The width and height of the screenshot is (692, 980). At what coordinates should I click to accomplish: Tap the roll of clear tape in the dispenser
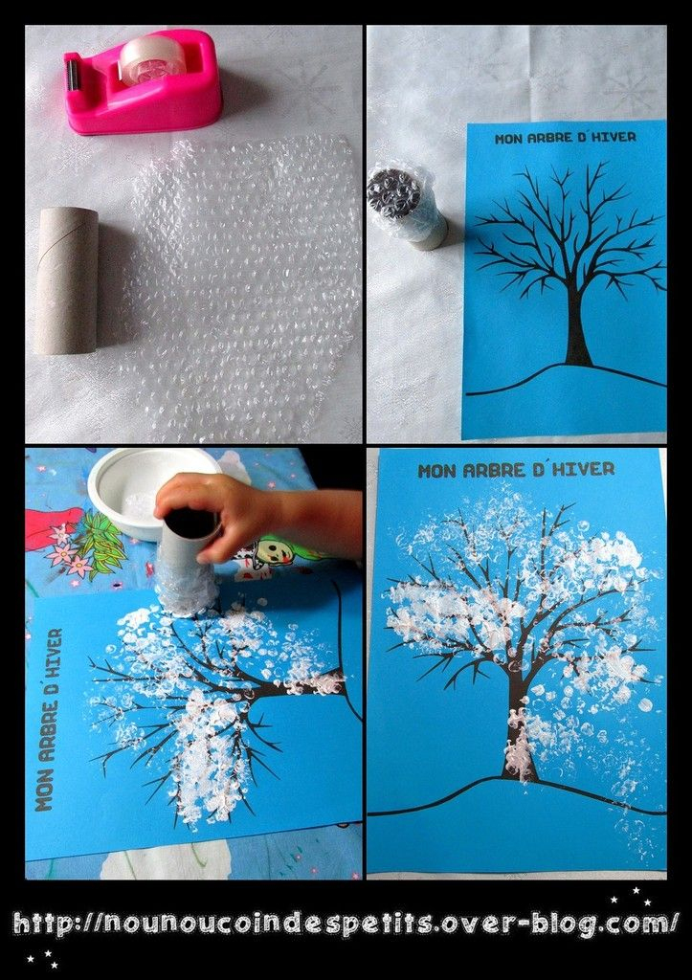[x=153, y=58]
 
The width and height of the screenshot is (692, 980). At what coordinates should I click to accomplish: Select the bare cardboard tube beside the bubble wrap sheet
[x=67, y=280]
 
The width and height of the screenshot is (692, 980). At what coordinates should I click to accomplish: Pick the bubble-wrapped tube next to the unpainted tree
[x=407, y=207]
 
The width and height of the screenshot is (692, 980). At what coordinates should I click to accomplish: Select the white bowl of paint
[x=150, y=491]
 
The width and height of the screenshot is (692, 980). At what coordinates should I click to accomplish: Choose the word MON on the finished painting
[x=433, y=471]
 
